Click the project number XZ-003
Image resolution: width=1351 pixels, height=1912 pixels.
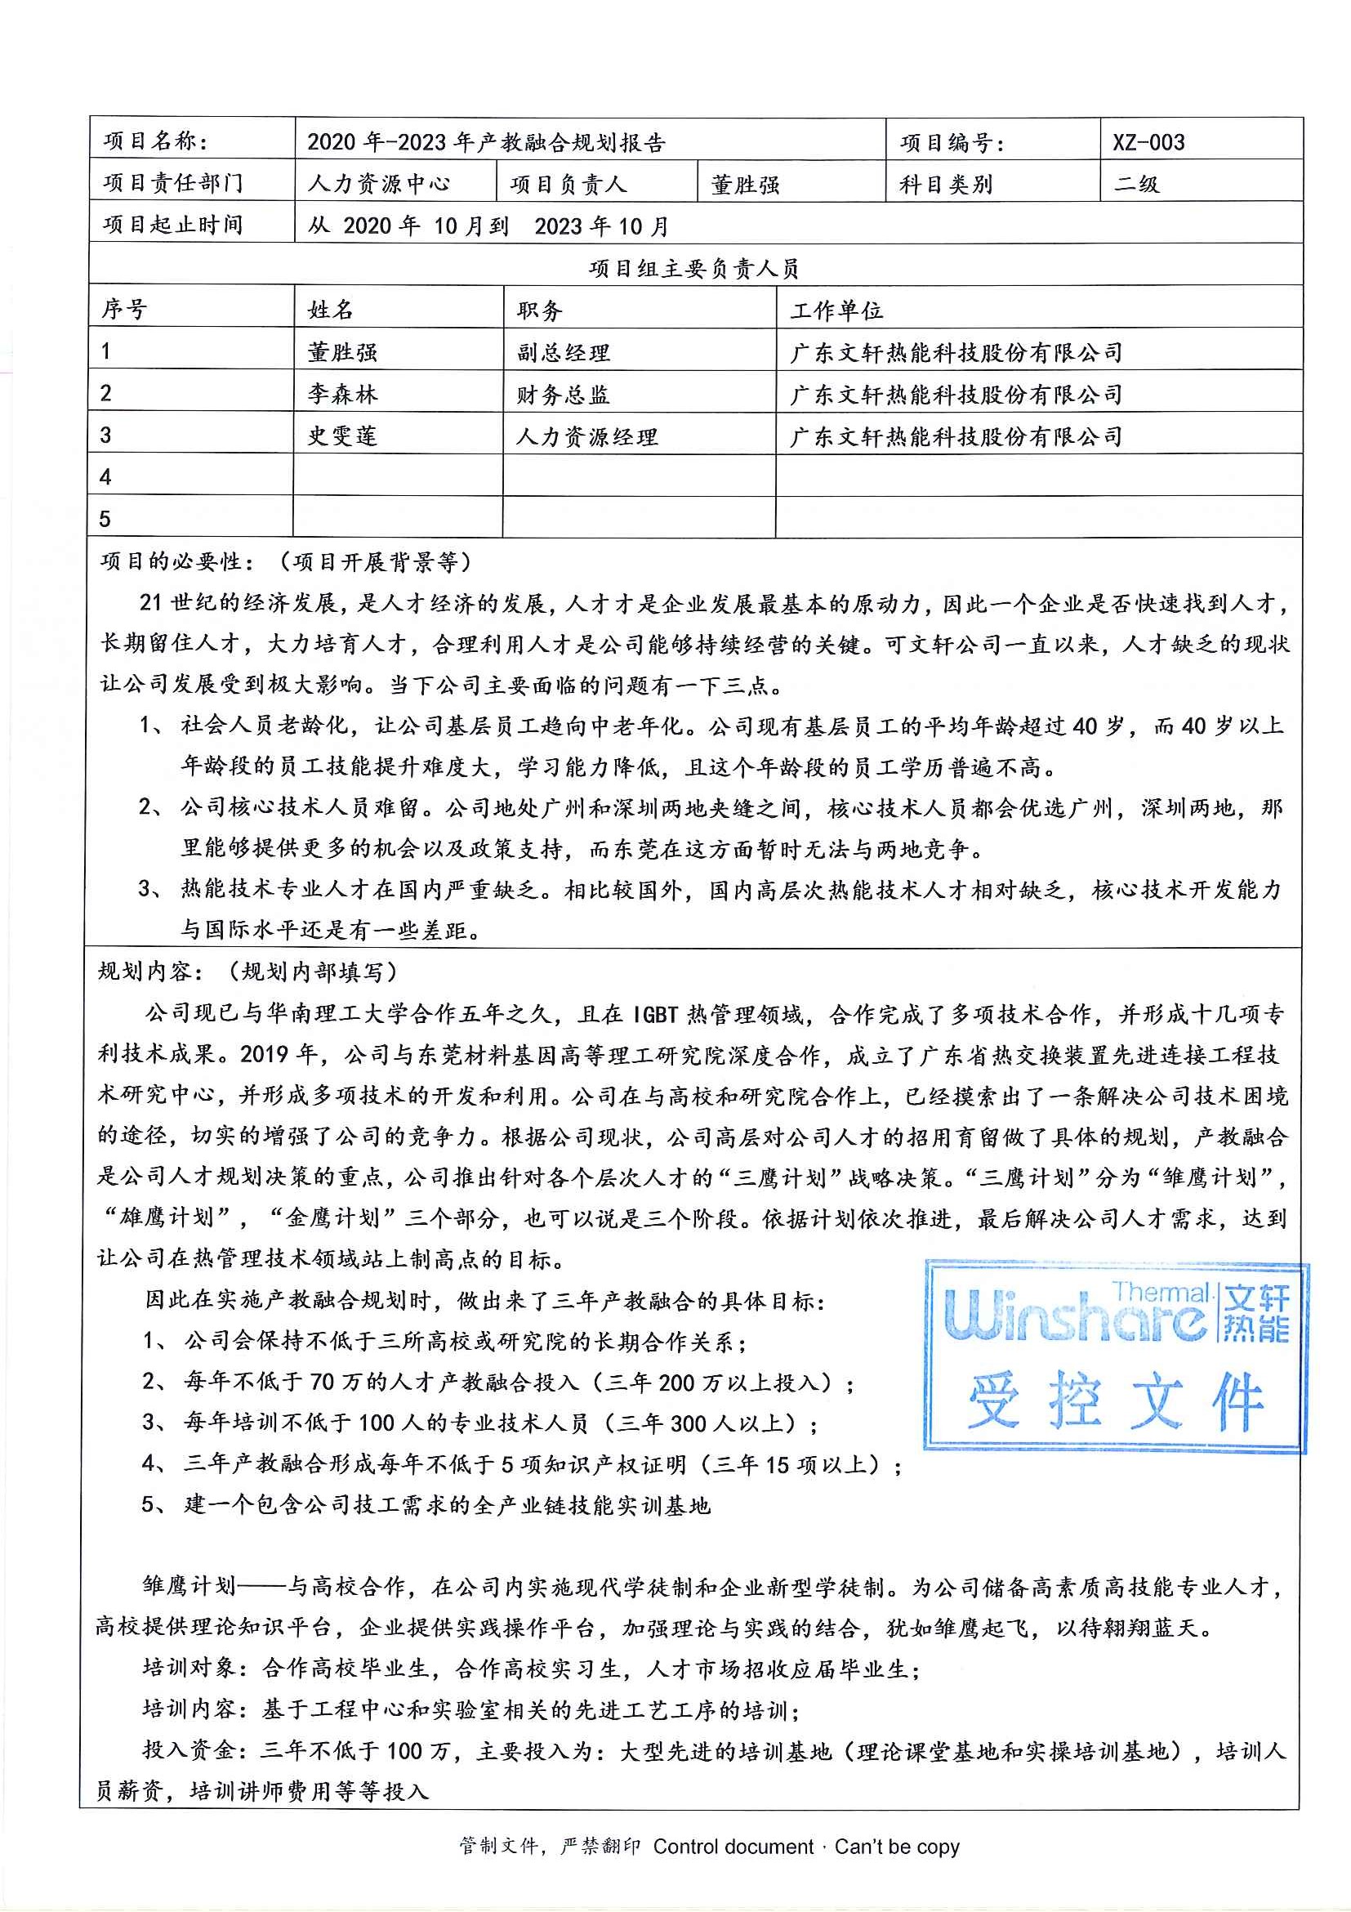click(x=1148, y=142)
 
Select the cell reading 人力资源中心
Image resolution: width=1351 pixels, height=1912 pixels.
click(x=379, y=184)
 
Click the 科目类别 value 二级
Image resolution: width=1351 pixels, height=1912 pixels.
click(x=1136, y=184)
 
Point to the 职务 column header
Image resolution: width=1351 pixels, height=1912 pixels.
click(x=539, y=310)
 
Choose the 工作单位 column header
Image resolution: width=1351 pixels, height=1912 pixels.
click(x=836, y=310)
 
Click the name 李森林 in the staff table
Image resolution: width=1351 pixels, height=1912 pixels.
click(x=342, y=394)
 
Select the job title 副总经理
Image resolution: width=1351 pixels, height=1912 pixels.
click(x=563, y=352)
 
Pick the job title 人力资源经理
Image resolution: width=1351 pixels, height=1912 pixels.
click(x=586, y=436)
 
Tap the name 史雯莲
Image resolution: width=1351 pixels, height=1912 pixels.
click(x=342, y=436)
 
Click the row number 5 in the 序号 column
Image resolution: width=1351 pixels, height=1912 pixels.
click(x=105, y=520)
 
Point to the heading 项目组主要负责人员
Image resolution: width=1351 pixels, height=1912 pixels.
click(x=693, y=268)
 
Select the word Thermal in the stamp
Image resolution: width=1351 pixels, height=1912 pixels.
click(x=1162, y=1293)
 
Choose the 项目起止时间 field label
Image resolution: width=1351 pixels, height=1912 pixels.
click(x=172, y=225)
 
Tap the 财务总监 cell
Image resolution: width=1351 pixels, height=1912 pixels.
click(x=563, y=394)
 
